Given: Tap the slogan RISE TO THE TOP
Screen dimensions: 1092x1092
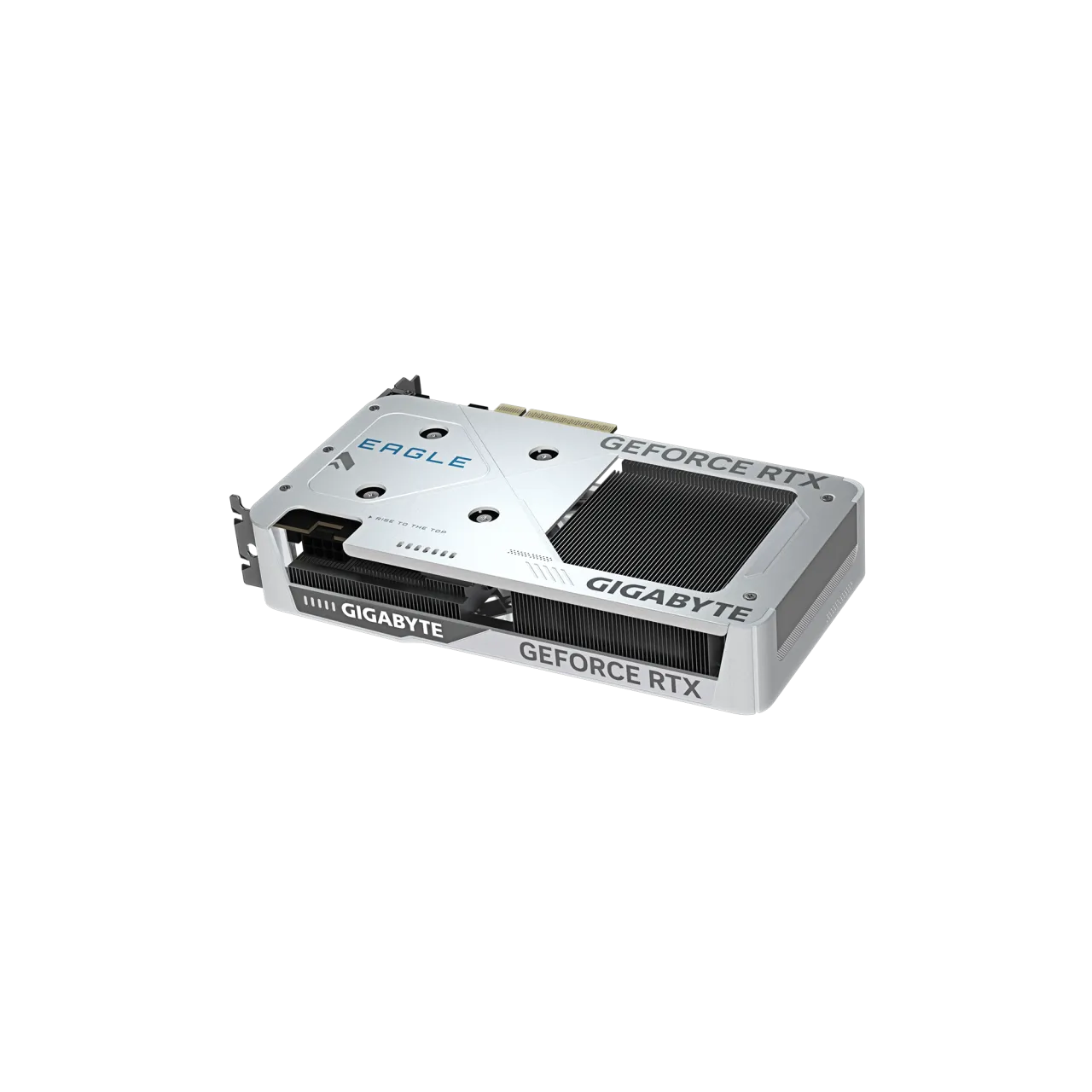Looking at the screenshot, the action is [x=408, y=525].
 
